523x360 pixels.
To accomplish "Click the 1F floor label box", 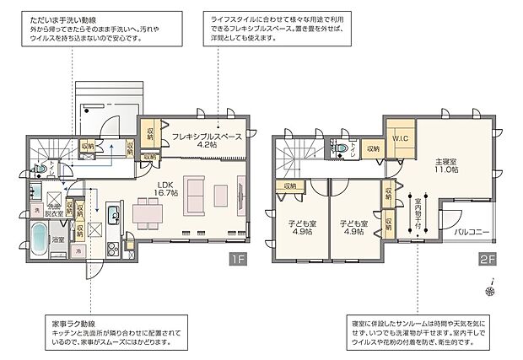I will pos(240,258).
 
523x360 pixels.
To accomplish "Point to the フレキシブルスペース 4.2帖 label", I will pos(207,140).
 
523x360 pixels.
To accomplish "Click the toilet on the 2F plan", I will pos(342,148).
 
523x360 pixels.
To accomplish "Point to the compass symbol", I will pos(490,291).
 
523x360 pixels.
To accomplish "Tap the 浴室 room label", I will pos(58,240).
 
